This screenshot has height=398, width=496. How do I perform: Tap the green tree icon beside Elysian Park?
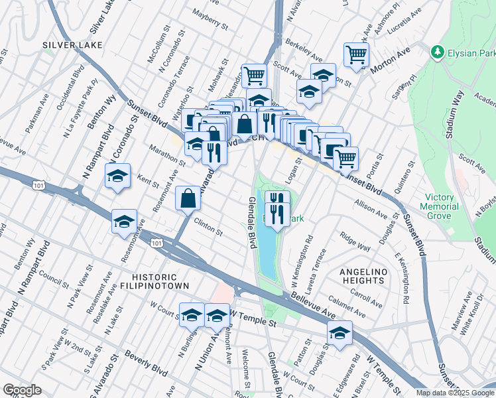tap(436, 52)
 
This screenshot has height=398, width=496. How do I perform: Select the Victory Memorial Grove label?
tap(448, 206)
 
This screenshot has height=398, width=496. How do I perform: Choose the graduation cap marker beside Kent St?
tap(118, 176)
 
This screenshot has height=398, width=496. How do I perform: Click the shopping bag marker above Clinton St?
tap(188, 198)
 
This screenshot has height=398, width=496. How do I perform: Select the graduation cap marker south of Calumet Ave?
tap(340, 334)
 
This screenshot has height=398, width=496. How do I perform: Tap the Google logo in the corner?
tap(22, 390)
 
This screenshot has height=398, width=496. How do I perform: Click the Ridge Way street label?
tap(355, 241)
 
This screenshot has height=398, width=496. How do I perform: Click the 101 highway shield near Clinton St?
tap(156, 244)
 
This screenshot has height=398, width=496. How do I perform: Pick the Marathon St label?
tap(166, 155)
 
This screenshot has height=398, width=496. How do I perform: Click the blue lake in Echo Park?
tap(267, 252)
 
